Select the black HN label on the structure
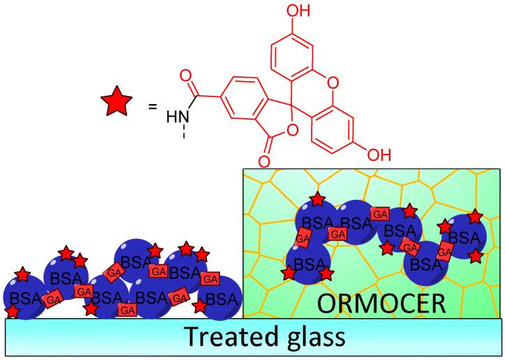pyautogui.click(x=177, y=117)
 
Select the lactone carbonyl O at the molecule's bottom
pyautogui.click(x=264, y=162)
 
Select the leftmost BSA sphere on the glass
pyautogui.click(x=24, y=298)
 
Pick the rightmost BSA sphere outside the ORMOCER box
pyautogui.click(x=220, y=297)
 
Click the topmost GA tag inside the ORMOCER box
pyautogui.click(x=380, y=213)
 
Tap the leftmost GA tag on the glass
pyautogui.click(x=52, y=300)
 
